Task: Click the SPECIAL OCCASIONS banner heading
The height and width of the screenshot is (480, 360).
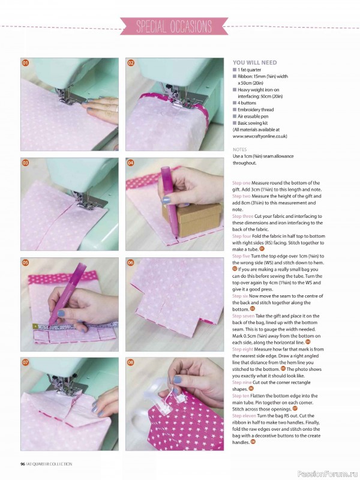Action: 174,26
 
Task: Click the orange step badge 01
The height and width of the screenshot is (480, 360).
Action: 25,63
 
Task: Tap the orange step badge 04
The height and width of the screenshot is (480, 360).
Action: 130,163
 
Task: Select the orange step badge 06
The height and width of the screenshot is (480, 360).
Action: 130,262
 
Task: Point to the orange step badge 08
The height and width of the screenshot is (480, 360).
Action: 130,362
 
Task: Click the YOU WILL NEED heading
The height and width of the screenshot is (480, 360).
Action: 254,62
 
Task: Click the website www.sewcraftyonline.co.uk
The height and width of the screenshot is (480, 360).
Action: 263,136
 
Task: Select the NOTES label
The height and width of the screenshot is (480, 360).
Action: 239,149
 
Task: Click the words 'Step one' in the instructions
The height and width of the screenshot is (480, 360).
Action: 242,183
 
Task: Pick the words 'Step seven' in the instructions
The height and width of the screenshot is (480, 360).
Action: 244,316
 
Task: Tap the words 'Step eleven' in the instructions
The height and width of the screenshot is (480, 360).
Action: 245,415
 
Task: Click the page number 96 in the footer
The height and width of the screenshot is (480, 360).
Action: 22,464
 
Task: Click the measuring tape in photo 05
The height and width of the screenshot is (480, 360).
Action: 54,327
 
